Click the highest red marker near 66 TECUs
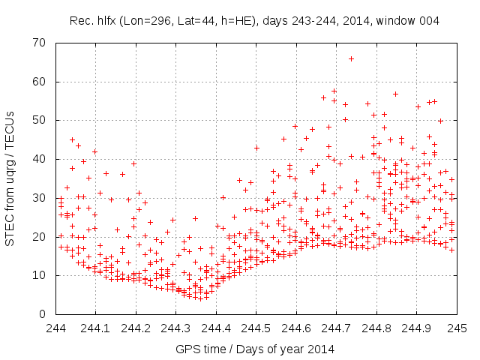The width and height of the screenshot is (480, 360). pos(351,58)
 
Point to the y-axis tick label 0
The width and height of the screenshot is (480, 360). pos(44,314)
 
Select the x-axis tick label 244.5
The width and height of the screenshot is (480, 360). pos(256,328)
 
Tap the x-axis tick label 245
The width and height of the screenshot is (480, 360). pos(457,328)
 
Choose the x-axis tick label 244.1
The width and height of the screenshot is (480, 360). pos(95,328)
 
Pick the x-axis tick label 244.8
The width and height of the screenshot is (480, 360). pos(376,328)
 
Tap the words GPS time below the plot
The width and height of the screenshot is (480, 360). pos(196,349)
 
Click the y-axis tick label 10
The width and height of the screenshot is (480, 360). pos(41,275)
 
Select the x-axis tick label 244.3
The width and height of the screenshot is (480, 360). pos(175,328)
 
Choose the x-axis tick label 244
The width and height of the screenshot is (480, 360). pos(55,328)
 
